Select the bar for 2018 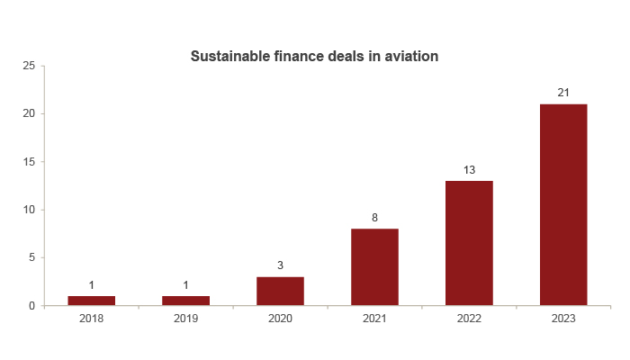tap(91, 301)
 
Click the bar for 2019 tap(185, 301)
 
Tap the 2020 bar tap(280, 291)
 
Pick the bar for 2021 tap(374, 267)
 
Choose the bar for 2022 tap(469, 243)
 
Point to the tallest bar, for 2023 tap(563, 205)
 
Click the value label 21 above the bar tap(563, 93)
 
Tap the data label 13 tap(469, 169)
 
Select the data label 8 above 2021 tap(374, 217)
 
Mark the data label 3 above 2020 tap(280, 265)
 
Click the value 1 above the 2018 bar tap(91, 284)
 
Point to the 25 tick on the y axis tap(29, 66)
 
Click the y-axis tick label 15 tap(29, 162)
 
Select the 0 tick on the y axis tap(32, 306)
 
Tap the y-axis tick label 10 tap(29, 210)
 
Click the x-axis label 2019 tap(185, 319)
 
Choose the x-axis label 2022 tap(469, 319)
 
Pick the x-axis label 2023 tap(563, 319)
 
